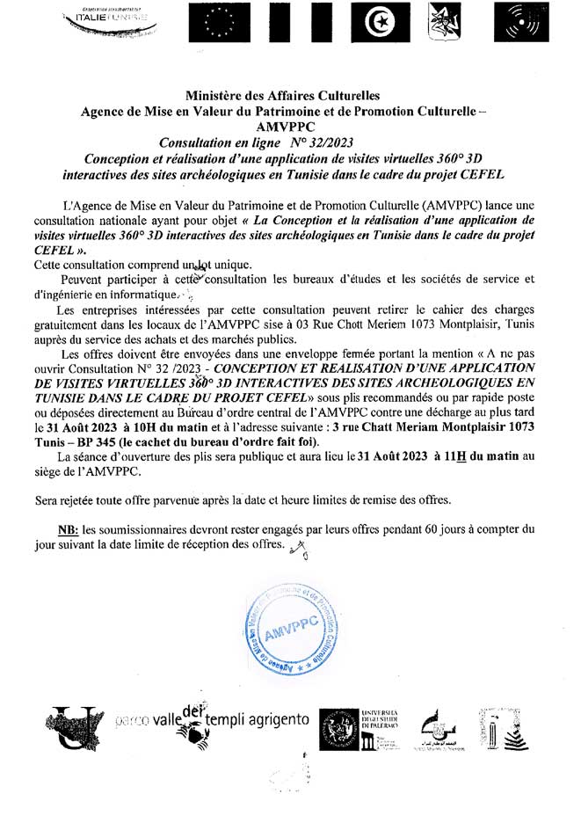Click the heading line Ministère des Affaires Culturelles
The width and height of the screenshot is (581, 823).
(x=289, y=95)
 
